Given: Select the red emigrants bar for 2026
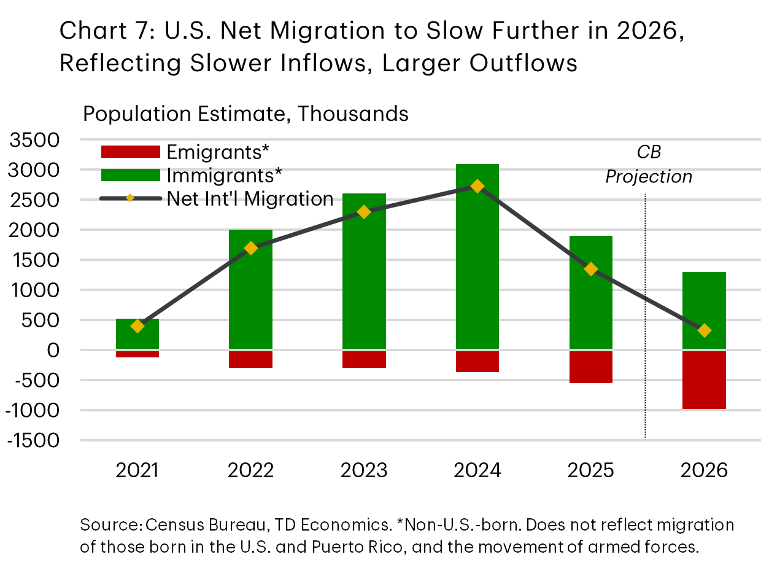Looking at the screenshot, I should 705,379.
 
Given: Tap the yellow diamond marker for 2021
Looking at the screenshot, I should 137,326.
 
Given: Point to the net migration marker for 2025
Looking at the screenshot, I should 591,269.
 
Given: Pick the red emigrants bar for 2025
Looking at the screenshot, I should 591,367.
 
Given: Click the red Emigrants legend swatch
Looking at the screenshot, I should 130,152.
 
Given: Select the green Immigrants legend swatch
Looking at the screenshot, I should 130,175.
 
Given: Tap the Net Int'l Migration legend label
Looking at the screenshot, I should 250,199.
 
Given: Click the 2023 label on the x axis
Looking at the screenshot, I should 364,470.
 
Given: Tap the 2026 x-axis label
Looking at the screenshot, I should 705,470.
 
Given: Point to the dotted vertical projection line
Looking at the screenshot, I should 646,368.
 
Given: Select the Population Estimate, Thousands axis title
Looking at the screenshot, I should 245,114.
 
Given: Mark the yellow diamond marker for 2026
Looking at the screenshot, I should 705,330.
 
